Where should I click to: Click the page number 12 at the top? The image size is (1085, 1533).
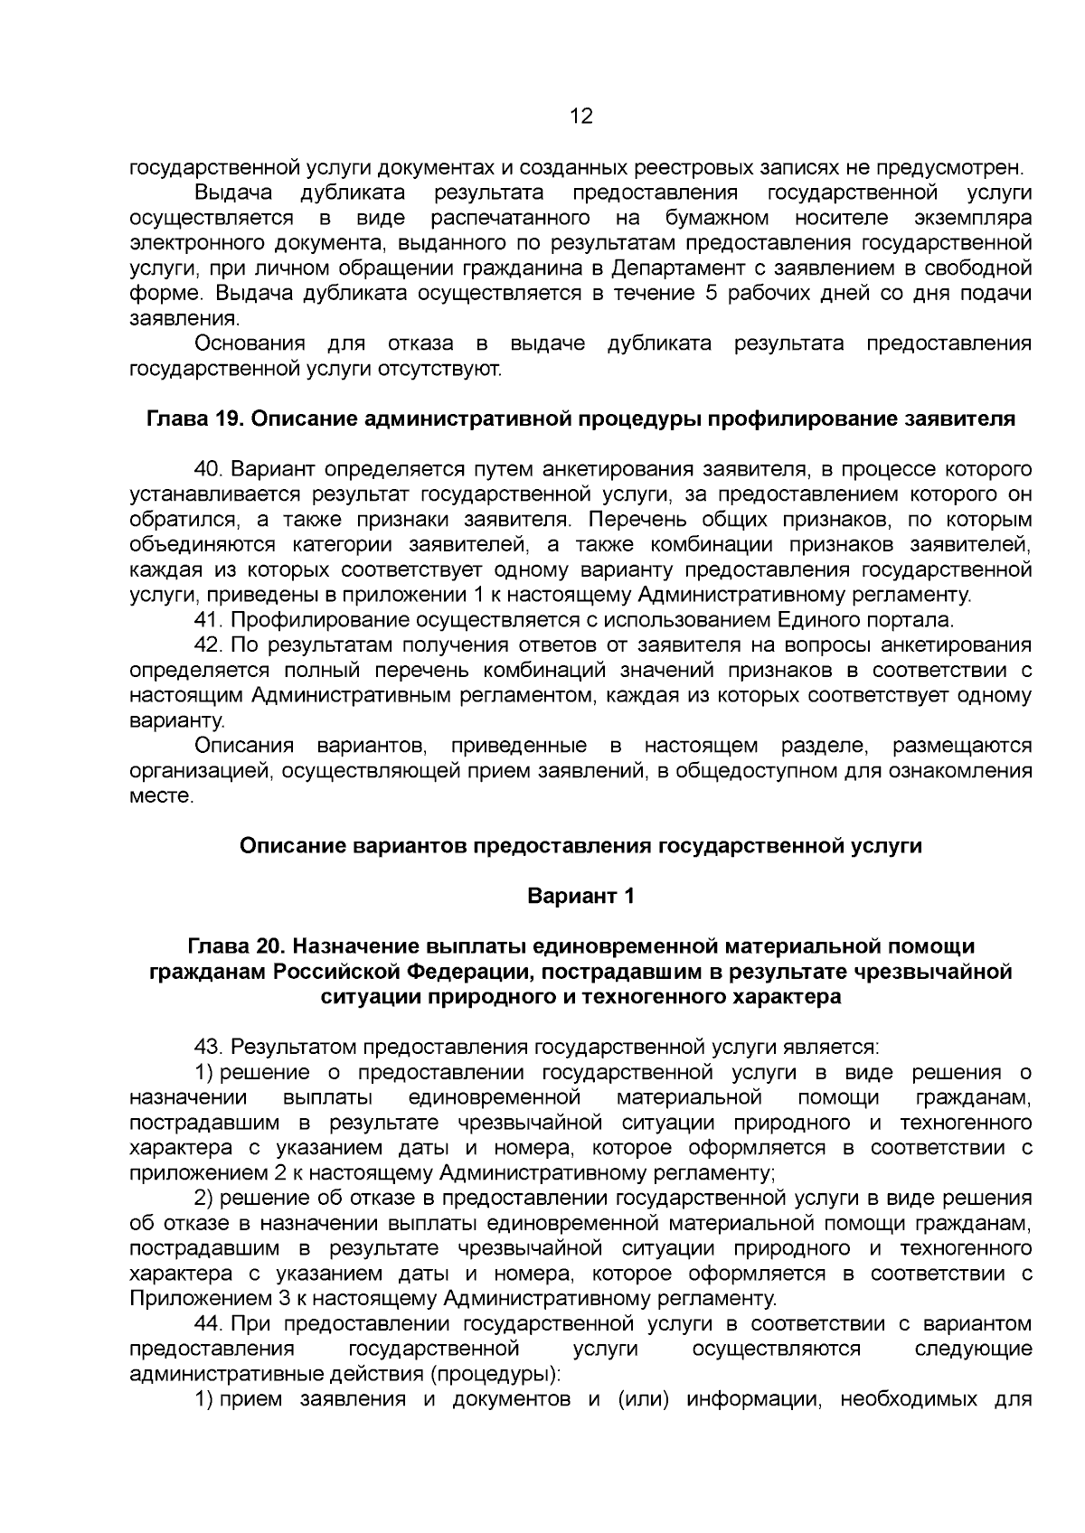580,116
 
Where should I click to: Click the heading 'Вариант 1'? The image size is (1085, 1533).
580,896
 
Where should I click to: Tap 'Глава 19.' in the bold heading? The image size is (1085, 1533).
191,419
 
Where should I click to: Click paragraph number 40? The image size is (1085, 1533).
210,470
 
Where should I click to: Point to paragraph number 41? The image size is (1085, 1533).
210,620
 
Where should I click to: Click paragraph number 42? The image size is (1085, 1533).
210,645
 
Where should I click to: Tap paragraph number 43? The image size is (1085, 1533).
210,1047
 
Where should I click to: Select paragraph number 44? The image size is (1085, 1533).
210,1324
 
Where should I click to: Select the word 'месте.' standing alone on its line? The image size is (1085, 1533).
163,796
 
